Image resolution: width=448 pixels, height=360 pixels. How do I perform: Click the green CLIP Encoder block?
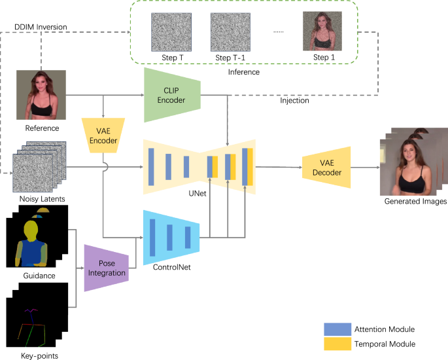172,96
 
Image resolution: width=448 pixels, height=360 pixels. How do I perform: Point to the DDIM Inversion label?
40,27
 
